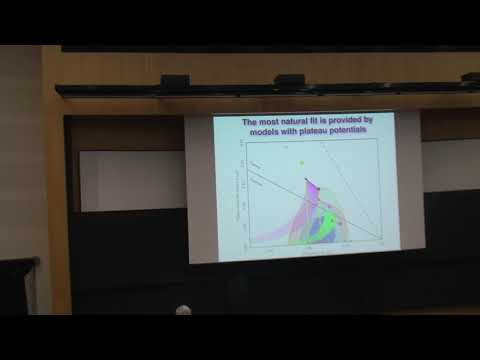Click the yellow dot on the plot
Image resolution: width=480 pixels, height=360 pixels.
tap(300, 161)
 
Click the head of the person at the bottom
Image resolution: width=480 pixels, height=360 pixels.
tap(183, 311)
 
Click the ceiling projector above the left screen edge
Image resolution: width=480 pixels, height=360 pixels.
tap(204, 81)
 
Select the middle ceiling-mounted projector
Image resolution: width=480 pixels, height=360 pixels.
tap(289, 80)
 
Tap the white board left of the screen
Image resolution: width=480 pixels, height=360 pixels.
tap(131, 180)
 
